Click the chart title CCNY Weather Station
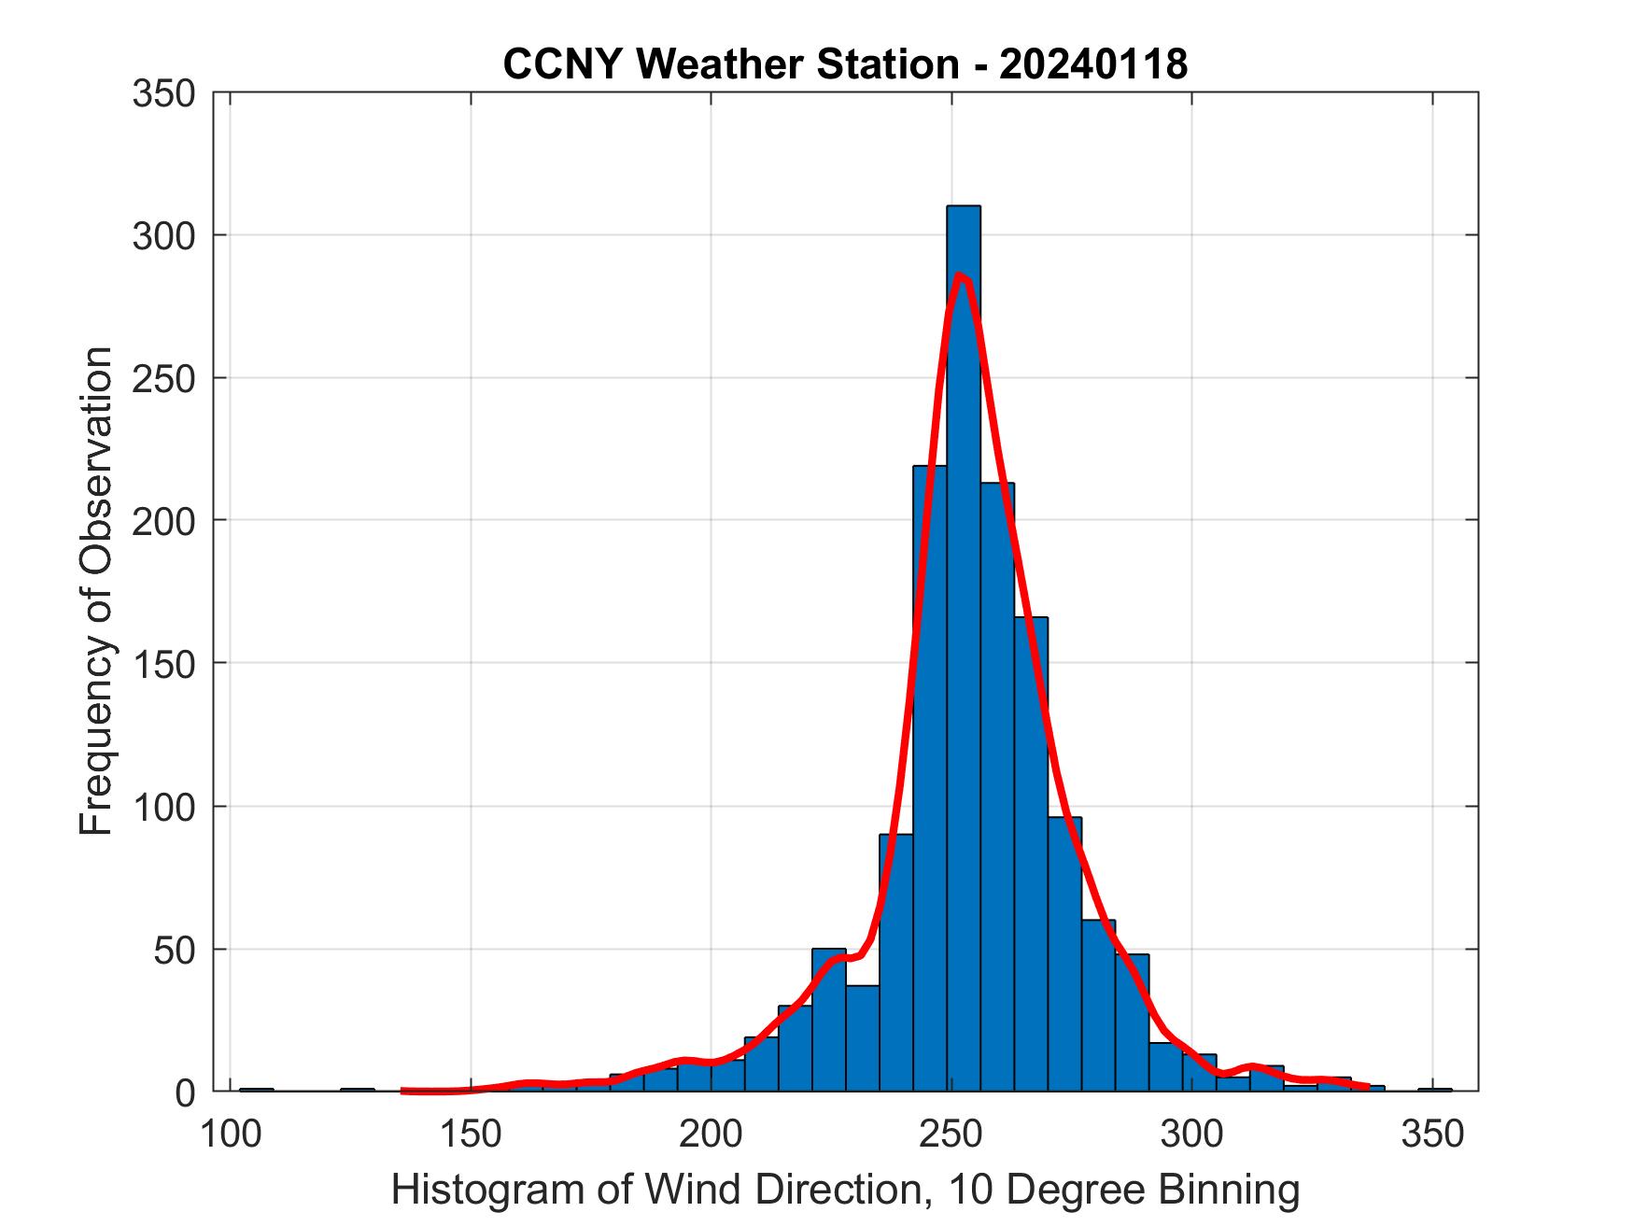(x=730, y=65)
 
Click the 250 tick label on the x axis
(x=951, y=1134)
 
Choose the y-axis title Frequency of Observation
(x=96, y=592)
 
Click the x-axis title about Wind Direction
(x=845, y=1191)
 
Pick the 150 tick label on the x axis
(x=471, y=1134)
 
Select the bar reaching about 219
(x=929, y=775)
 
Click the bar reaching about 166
(x=1031, y=850)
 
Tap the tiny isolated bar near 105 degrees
(x=257, y=1089)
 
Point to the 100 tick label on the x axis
(x=230, y=1134)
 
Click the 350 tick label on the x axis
(x=1433, y=1134)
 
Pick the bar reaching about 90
(x=895, y=962)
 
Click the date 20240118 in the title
(x=1093, y=65)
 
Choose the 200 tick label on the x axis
(x=711, y=1134)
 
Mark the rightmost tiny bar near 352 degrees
(x=1435, y=1089)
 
